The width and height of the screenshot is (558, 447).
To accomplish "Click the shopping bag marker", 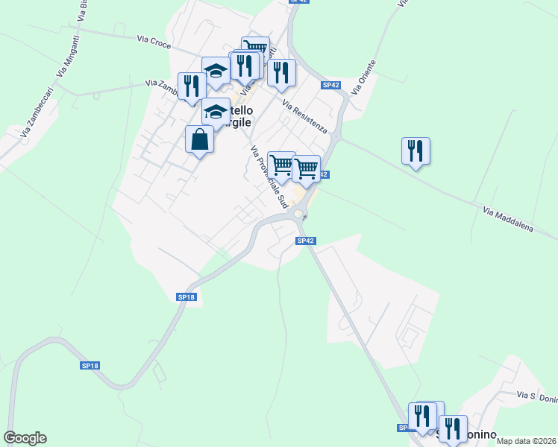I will point(199,139).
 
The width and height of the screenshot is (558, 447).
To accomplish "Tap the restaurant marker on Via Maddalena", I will point(415,150).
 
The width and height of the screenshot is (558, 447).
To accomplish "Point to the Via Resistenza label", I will point(304,115).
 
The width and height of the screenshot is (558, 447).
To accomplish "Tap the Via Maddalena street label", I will point(508,219).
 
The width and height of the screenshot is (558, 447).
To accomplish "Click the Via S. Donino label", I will point(536,397).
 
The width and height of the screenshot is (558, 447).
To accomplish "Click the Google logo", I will point(25,438).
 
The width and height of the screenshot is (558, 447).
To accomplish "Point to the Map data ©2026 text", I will point(527,441).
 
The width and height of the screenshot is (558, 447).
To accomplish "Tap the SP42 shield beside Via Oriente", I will point(331,85).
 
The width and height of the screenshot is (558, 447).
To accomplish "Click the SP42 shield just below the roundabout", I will point(306,241).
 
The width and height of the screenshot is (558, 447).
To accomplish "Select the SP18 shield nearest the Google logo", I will point(90,366).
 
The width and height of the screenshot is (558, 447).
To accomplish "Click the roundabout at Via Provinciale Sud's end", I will point(298,215).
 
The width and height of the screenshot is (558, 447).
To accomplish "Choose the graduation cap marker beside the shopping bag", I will point(216,112).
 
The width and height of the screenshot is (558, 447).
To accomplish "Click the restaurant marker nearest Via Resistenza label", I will point(281,72).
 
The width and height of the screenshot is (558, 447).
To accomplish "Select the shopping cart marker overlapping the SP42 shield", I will point(307,168).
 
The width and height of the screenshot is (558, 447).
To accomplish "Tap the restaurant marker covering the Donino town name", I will point(453,429).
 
